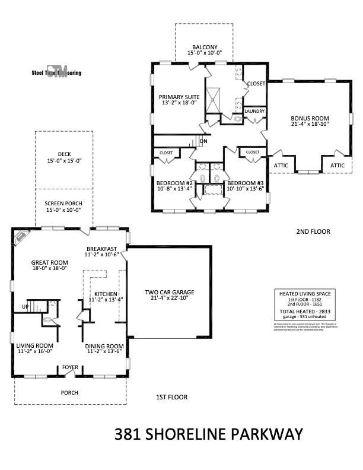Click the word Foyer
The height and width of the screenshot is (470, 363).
coord(71,368)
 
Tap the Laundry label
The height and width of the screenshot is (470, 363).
coord(254,111)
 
